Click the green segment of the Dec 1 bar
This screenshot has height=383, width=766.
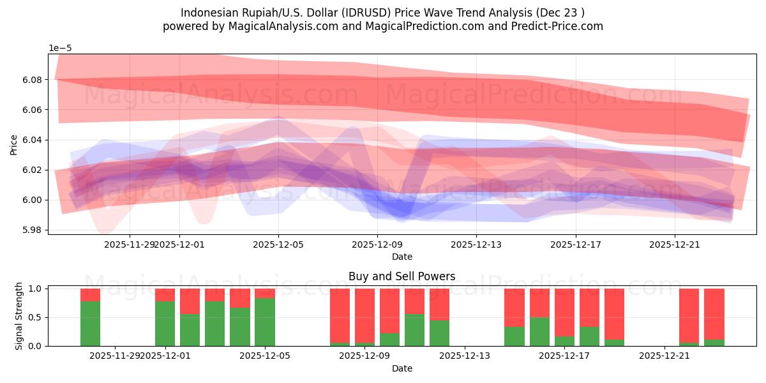(x=165, y=324)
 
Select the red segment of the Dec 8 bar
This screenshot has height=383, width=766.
(x=340, y=315)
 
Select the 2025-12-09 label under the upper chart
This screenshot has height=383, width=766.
(x=377, y=244)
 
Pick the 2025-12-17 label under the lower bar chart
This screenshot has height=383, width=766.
(x=565, y=356)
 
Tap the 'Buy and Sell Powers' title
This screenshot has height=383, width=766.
(x=402, y=276)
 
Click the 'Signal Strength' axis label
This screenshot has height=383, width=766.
(x=19, y=316)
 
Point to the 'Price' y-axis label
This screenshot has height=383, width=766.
(x=14, y=144)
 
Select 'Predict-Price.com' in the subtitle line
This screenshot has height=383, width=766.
(x=562, y=26)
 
